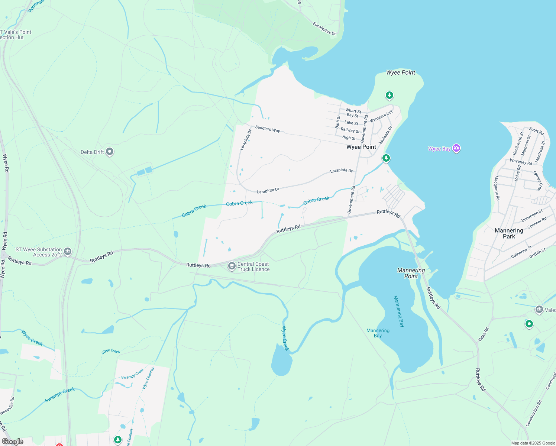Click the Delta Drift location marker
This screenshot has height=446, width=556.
[110, 152]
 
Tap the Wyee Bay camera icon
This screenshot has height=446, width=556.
[457, 149]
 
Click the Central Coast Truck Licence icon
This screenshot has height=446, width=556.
[232, 266]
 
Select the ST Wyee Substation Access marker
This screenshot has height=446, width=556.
[68, 252]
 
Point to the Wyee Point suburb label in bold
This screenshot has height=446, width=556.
[361, 147]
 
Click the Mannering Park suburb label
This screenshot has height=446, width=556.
[509, 233]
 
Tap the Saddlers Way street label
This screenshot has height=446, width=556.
[268, 129]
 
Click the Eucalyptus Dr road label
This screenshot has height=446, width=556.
[324, 29]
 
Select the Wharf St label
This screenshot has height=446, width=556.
[353, 110]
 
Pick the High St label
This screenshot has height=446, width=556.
[349, 138]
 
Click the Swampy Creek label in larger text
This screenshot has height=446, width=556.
[60, 395]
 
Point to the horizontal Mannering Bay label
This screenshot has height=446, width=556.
[378, 333]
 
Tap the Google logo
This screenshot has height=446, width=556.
[13, 442]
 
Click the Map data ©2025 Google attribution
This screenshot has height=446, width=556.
[533, 443]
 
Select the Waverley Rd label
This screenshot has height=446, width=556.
[521, 162]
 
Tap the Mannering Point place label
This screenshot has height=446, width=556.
[411, 273]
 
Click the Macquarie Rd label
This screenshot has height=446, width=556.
[497, 188]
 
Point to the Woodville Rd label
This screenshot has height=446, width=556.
[7, 406]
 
